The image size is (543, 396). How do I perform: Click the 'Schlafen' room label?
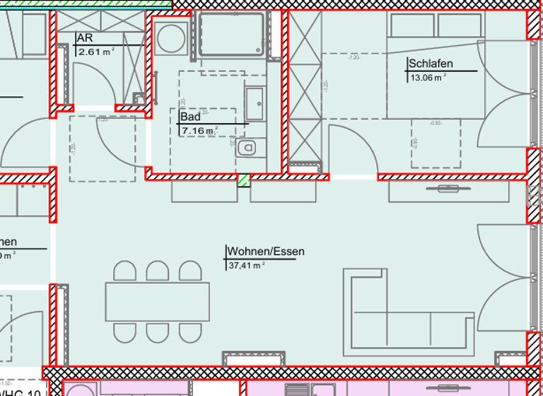[x=431, y=64]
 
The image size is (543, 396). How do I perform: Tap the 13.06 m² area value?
[x=428, y=78]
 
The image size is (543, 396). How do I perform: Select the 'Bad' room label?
[x=190, y=117]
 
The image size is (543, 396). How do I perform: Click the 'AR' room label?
[x=85, y=38]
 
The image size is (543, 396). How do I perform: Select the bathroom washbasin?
[x=255, y=103]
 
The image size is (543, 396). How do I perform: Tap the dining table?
[x=158, y=301]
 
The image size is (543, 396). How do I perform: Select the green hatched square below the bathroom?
[x=244, y=180]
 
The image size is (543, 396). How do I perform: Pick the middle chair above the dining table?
[x=158, y=271]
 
